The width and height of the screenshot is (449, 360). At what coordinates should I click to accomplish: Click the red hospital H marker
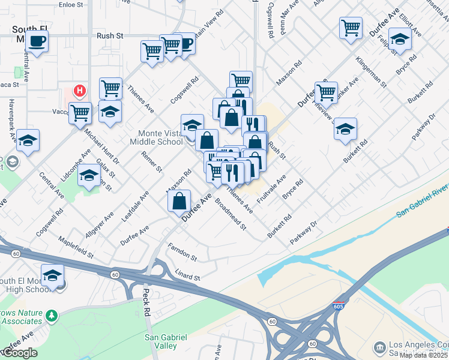pyautogui.click(x=79, y=91)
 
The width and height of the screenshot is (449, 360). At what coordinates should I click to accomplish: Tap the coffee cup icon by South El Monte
pyautogui.click(x=37, y=41)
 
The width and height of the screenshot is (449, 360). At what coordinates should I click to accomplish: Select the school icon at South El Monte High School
pyautogui.click(x=52, y=275)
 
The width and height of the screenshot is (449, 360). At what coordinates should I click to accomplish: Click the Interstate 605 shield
pyautogui.click(x=339, y=307)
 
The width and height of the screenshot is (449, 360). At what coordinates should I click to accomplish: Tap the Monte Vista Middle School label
pyautogui.click(x=157, y=137)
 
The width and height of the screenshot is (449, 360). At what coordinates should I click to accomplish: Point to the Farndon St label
pyautogui.click(x=182, y=253)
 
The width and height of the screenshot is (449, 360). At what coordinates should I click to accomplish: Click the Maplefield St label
pyautogui.click(x=76, y=247)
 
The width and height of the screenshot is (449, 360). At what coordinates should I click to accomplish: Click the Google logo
pyautogui.click(x=19, y=353)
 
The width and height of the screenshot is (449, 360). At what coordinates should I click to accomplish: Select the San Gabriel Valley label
pyautogui.click(x=161, y=341)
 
